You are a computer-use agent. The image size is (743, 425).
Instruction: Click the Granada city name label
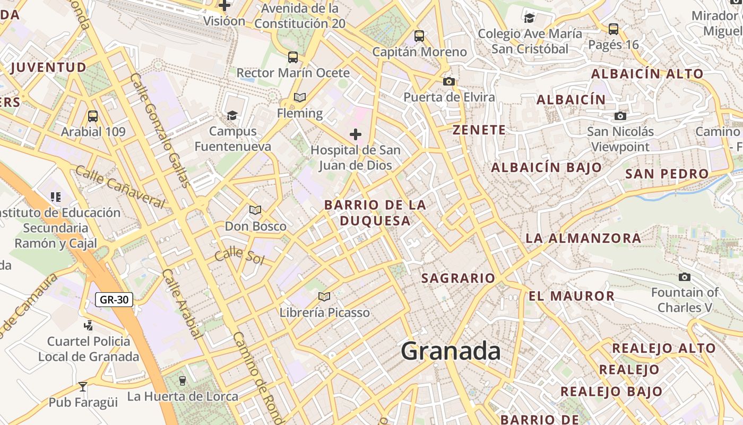tap(451, 352)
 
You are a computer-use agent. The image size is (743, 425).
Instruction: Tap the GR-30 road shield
tap(114, 300)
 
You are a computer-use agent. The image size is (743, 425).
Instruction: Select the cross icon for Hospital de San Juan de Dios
tap(356, 134)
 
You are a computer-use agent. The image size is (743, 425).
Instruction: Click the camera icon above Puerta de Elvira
tap(449, 81)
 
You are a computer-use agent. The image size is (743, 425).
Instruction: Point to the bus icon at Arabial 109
tap(93, 116)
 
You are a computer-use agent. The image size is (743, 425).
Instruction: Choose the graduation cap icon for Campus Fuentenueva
tap(232, 115)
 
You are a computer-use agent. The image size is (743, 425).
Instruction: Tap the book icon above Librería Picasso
tap(324, 296)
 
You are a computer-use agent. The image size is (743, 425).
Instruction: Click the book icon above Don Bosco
tap(255, 210)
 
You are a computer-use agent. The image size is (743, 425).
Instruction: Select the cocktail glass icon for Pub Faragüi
tap(83, 386)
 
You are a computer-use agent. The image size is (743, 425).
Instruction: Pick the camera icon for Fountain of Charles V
tap(685, 277)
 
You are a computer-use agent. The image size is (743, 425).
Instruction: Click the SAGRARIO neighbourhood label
tap(458, 278)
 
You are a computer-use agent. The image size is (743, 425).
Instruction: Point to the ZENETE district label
tap(479, 130)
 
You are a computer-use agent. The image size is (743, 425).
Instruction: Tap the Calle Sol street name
tap(240, 255)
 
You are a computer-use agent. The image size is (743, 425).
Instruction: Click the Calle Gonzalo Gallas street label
tap(160, 130)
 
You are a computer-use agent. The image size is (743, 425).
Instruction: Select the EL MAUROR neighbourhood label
tap(572, 296)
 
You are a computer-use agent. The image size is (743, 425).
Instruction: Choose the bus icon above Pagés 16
tap(614, 29)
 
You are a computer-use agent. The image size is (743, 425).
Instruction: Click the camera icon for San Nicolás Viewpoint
tap(620, 116)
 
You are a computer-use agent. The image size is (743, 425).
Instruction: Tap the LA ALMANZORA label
tap(583, 239)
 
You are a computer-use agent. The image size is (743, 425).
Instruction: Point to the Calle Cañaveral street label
tap(120, 186)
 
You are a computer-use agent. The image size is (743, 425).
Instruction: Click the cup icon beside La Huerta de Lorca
tap(183, 380)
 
